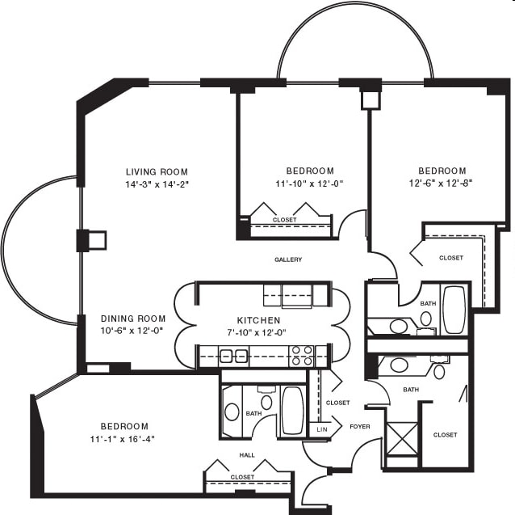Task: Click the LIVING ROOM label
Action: click(157, 171)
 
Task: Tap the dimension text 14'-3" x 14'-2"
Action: click(157, 184)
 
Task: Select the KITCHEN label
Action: click(259, 320)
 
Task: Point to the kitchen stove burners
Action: click(302, 356)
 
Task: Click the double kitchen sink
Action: click(233, 357)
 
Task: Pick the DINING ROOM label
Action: click(133, 319)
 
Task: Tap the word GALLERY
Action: click(288, 260)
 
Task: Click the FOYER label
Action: click(360, 427)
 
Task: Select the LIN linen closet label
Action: click(322, 429)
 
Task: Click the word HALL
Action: click(247, 455)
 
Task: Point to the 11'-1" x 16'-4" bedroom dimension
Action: click(123, 439)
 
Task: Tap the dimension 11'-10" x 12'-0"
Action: click(309, 184)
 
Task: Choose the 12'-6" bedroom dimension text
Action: click(441, 184)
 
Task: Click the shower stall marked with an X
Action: click(403, 439)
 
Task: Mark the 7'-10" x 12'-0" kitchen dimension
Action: click(257, 332)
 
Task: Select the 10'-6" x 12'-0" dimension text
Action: click(132, 331)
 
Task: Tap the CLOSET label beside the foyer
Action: click(337, 403)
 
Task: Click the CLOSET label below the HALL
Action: click(242, 477)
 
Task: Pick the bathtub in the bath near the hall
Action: click(293, 411)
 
